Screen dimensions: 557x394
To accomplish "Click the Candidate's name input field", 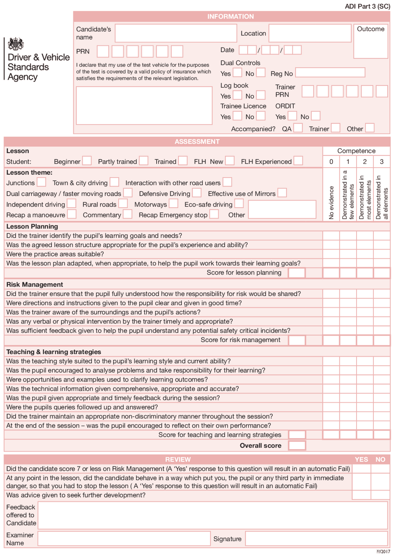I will [176, 33].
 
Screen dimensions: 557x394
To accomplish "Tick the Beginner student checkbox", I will [87, 161].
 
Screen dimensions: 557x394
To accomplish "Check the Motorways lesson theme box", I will [174, 204].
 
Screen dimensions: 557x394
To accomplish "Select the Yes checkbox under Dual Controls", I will [237, 73].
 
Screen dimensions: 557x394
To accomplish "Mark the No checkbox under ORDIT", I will [316, 116].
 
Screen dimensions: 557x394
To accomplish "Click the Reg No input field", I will [330, 73].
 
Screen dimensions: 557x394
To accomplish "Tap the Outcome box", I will [371, 42].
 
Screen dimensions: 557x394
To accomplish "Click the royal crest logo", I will [16, 44].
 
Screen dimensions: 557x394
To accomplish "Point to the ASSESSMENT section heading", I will [197, 141].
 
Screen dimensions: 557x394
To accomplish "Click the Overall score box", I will [297, 445].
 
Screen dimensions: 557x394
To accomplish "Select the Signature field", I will [316, 539].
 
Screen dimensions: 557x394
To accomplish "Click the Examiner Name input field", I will [124, 539].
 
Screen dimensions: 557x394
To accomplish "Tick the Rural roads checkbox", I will [123, 204].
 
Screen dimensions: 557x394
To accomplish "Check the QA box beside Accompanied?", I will [298, 128].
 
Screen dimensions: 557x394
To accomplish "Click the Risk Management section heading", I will [35, 284].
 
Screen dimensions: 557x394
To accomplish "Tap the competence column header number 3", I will [382, 161].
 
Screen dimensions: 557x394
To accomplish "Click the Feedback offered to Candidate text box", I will [212, 515].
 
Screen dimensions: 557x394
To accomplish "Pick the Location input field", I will [310, 33].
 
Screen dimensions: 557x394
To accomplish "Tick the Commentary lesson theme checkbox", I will [128, 214].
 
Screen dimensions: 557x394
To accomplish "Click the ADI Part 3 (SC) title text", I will [367, 6].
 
